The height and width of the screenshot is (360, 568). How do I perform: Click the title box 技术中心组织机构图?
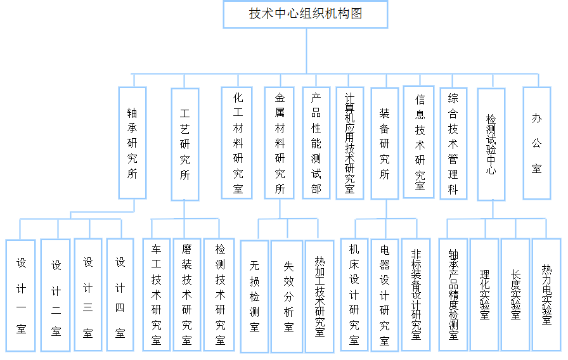[x=306, y=14]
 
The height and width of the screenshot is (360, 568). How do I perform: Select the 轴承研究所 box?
[x=132, y=143]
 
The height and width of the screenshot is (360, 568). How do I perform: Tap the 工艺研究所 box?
[x=185, y=144]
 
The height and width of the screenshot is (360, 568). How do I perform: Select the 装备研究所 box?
[x=385, y=143]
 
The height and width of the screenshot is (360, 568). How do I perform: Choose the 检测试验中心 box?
[x=491, y=144]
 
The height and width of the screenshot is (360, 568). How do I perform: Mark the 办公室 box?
[x=536, y=143]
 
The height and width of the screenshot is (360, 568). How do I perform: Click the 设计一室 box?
[x=21, y=295]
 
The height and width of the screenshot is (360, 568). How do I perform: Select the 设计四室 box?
[x=120, y=294]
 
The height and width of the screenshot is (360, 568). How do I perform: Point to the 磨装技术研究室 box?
[x=186, y=294]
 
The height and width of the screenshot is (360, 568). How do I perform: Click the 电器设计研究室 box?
[x=385, y=294]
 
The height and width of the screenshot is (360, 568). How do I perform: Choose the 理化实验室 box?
[x=484, y=294]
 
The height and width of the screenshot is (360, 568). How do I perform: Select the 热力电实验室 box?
[x=546, y=294]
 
